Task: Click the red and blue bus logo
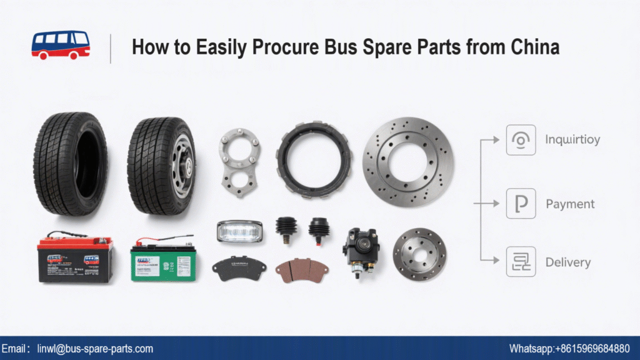(61, 45)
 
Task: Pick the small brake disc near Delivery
(419, 253)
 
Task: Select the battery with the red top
(76, 257)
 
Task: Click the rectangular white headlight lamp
(239, 231)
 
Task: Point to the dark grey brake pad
(239, 267)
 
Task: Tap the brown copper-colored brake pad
(302, 269)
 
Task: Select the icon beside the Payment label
(521, 204)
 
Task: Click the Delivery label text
(567, 262)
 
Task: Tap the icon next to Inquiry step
(521, 140)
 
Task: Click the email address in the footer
(95, 349)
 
